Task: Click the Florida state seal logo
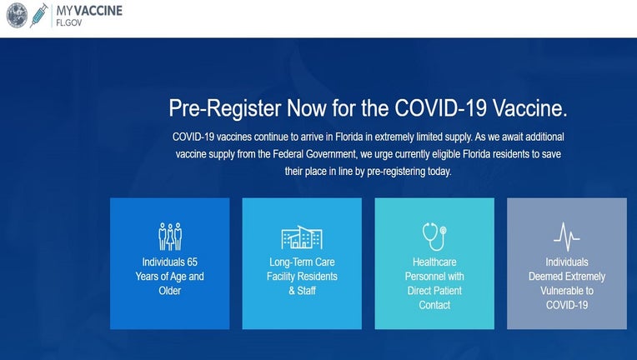(17, 16)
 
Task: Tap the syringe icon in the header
(39, 16)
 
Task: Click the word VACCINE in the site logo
(100, 11)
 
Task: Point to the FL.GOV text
(69, 22)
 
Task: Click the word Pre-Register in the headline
(224, 108)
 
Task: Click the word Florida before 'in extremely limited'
(349, 137)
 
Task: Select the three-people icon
(170, 236)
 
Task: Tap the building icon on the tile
(302, 237)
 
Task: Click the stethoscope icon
(434, 236)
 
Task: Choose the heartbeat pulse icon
(567, 237)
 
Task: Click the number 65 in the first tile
(191, 262)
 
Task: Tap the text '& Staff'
(303, 291)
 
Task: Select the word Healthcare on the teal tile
(434, 262)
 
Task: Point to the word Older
(170, 291)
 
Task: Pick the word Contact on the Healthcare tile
(434, 305)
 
